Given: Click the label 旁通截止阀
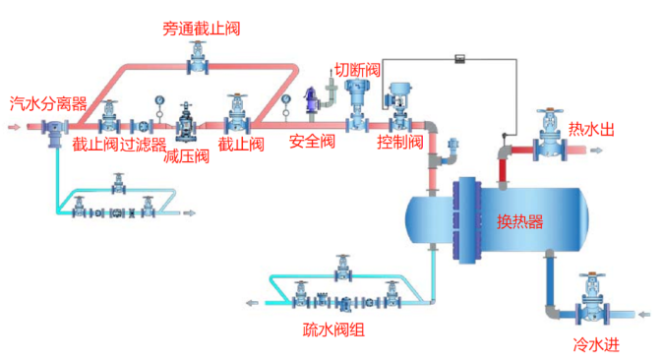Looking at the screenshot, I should pyautogui.click(x=201, y=29).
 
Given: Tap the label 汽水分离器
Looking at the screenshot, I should pyautogui.click(x=48, y=102).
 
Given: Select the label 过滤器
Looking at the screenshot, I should pyautogui.click(x=144, y=145).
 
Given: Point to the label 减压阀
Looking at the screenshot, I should pyautogui.click(x=186, y=155).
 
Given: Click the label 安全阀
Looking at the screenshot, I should pyautogui.click(x=312, y=142).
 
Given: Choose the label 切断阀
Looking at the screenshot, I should pyautogui.click(x=357, y=70).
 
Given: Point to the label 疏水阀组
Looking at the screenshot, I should pyautogui.click(x=333, y=330).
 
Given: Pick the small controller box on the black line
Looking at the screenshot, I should pyautogui.click(x=458, y=61).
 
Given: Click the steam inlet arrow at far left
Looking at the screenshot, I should pyautogui.click(x=11, y=127).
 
